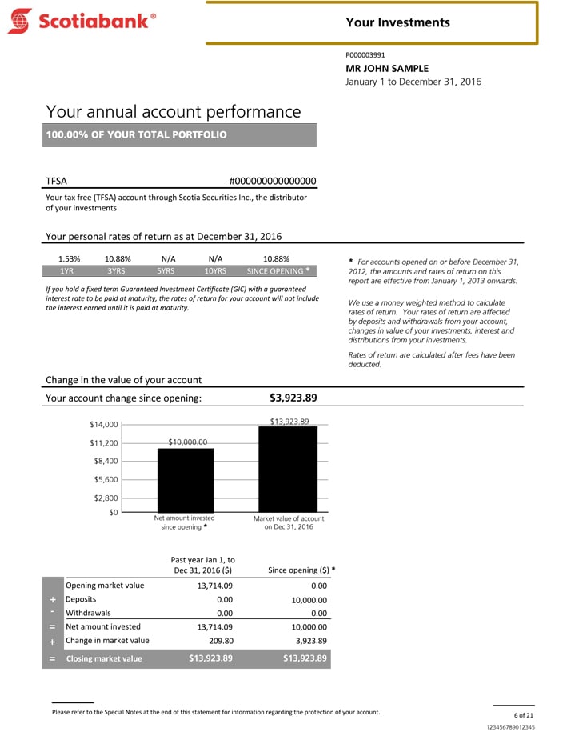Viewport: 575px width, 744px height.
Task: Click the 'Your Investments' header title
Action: [397, 22]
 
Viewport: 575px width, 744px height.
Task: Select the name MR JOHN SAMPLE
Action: [387, 68]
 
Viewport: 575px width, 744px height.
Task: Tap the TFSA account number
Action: [273, 182]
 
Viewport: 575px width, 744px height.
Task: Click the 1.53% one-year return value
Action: [70, 259]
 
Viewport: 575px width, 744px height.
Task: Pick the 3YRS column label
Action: [117, 271]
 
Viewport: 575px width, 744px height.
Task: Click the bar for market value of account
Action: [288, 469]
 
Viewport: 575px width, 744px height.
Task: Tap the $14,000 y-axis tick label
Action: [104, 425]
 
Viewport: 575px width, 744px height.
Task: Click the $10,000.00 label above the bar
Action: [188, 442]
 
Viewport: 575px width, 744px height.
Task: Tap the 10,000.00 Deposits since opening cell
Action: [305, 599]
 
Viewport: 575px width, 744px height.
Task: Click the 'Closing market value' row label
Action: [103, 658]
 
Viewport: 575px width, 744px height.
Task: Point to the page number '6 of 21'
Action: [524, 714]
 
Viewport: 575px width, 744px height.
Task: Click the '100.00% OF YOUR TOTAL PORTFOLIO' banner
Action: [182, 134]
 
